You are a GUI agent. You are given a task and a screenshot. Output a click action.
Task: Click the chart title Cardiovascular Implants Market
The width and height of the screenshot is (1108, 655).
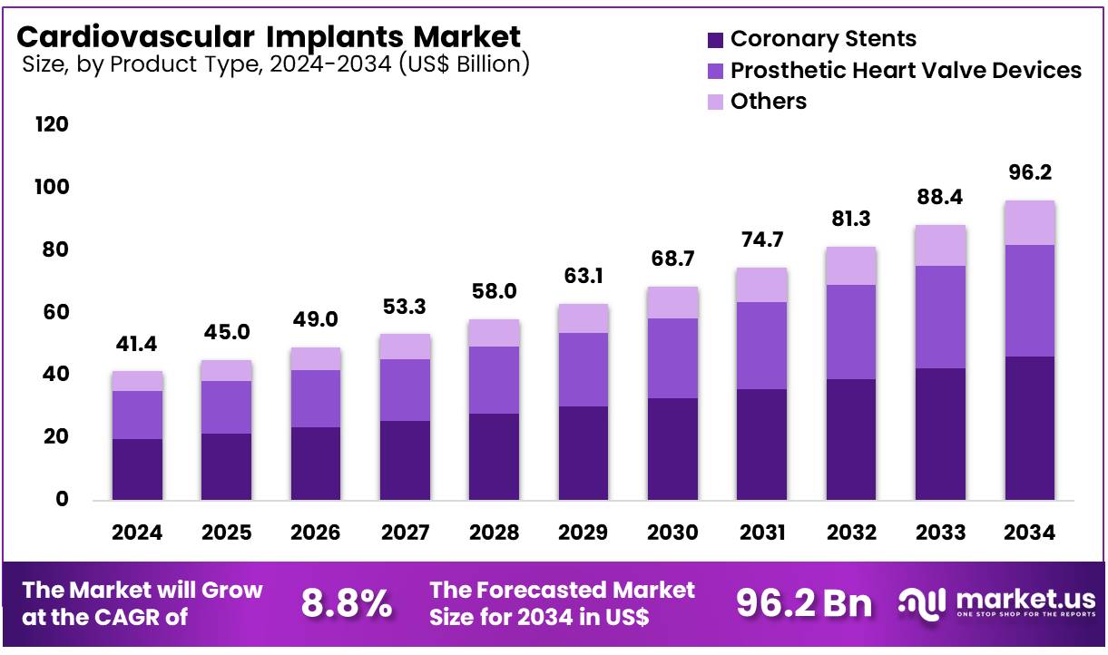(269, 36)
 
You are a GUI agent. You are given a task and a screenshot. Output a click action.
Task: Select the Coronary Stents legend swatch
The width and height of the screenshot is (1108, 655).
(715, 40)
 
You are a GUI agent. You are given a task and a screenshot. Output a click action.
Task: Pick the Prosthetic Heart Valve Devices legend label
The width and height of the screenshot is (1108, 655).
(906, 71)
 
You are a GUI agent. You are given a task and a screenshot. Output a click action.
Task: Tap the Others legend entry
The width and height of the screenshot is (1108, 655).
(768, 102)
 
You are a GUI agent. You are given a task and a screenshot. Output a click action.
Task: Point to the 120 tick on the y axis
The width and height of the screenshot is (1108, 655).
(51, 124)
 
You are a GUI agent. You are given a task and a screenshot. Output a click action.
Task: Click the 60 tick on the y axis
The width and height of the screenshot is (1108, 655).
(53, 312)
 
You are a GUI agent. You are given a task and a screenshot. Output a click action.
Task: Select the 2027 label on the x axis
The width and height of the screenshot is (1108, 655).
(404, 533)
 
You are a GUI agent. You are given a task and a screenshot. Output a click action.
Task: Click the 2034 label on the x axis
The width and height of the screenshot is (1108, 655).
(1029, 533)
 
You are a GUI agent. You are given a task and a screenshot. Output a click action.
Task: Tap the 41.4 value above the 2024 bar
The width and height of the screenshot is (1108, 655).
(137, 345)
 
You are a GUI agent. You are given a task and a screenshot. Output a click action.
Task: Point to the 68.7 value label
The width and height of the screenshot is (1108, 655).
(672, 259)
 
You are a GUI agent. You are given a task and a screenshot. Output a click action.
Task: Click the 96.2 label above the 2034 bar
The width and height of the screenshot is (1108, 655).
(1029, 173)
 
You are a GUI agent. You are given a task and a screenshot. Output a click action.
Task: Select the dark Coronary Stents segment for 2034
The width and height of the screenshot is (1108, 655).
(1029, 428)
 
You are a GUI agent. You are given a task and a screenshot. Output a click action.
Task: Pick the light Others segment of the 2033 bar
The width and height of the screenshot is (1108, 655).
(940, 245)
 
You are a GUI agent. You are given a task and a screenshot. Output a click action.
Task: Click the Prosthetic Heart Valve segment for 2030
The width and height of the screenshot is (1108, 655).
(672, 358)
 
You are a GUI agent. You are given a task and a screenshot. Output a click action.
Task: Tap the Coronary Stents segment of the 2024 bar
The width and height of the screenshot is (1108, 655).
(137, 469)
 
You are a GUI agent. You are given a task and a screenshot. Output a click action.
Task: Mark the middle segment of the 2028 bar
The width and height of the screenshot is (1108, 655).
(494, 380)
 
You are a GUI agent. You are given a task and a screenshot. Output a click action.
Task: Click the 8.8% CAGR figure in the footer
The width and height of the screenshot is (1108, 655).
(346, 603)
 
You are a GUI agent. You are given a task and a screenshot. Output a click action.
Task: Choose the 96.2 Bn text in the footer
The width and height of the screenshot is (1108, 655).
(803, 603)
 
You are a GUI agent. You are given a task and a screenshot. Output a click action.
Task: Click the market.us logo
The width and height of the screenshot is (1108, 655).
(996, 603)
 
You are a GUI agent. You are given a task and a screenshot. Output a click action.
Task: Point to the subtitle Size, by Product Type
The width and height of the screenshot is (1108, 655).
(272, 64)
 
